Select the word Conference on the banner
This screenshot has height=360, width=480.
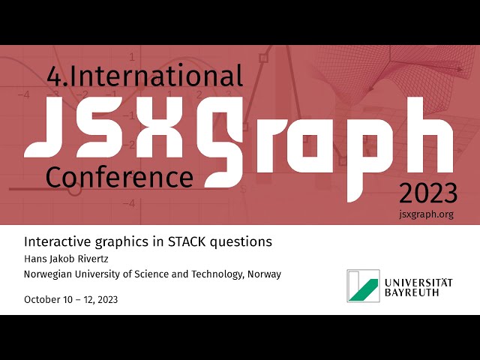coord(119,177)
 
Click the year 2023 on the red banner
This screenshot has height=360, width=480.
coord(427,193)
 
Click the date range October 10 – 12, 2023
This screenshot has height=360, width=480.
coord(70,299)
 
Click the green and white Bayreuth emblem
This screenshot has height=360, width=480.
coord(363,286)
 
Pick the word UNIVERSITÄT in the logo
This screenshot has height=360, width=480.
coord(418,281)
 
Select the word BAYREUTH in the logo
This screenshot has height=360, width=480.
coord(412,292)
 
